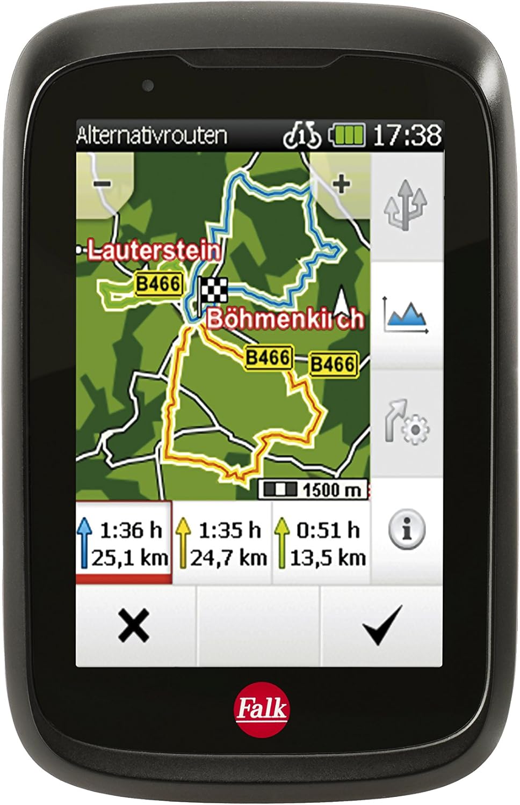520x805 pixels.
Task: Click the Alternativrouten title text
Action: click(151, 135)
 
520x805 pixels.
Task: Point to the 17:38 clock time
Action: click(407, 135)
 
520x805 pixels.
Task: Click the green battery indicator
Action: click(347, 135)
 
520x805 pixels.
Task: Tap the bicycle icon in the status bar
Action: click(302, 135)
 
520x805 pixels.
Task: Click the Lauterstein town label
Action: click(154, 250)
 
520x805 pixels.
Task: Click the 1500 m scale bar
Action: click(314, 489)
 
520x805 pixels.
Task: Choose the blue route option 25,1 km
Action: click(124, 543)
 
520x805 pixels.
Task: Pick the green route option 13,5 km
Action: click(321, 543)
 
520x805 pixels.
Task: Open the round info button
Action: click(407, 530)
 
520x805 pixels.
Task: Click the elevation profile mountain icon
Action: click(406, 316)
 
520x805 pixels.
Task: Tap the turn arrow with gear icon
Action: click(406, 423)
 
